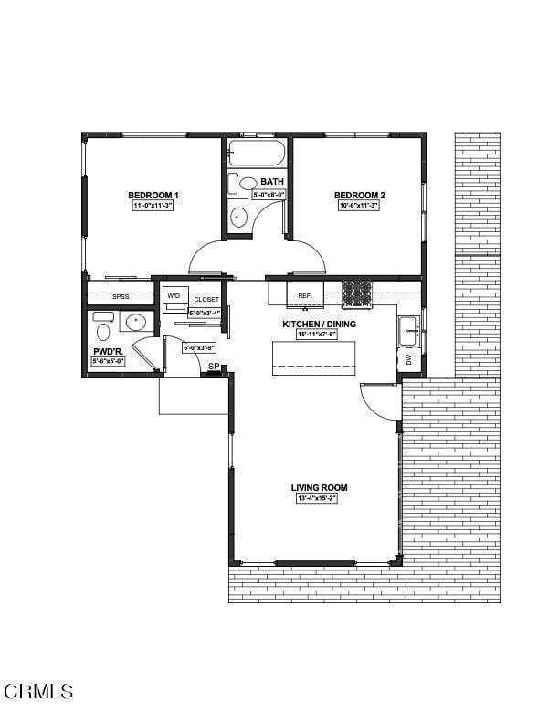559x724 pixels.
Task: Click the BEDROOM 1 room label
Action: click(153, 196)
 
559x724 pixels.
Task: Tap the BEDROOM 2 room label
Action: click(359, 196)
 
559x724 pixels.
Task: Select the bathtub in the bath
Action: click(258, 153)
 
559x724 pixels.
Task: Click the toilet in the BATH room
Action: click(234, 183)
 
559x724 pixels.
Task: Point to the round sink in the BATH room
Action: click(238, 217)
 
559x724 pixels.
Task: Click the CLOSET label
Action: click(206, 300)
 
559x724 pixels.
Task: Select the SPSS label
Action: click(121, 297)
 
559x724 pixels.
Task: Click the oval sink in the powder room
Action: click(136, 322)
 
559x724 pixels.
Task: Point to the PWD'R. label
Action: click(108, 351)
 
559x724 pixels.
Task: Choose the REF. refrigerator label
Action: click(305, 296)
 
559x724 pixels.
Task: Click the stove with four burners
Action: click(357, 293)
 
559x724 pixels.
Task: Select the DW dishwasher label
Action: click(408, 360)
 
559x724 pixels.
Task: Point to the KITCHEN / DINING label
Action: click(319, 325)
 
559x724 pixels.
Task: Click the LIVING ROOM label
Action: click(319, 488)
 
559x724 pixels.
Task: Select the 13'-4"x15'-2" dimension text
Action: click(317, 499)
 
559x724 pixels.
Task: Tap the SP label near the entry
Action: click(213, 367)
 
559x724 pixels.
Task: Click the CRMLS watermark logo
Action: click(38, 691)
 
